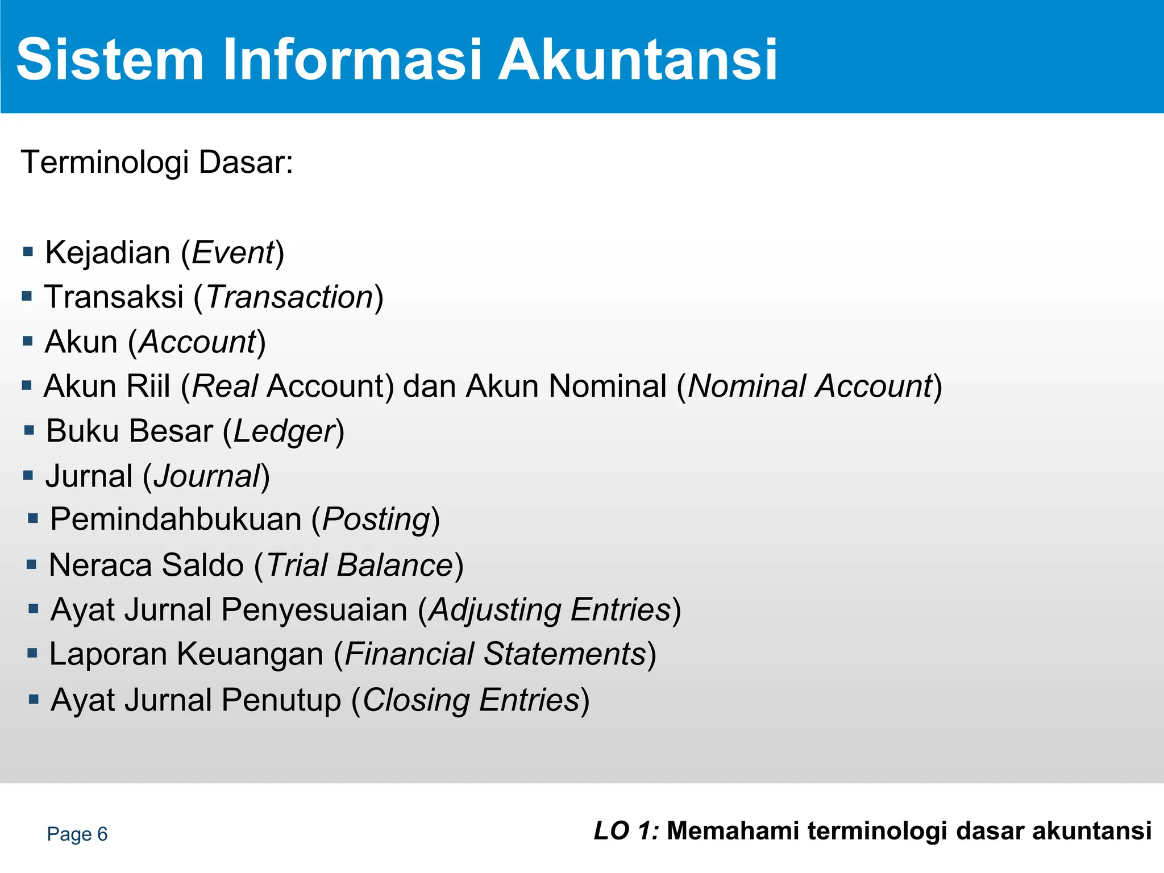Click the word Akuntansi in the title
pos(637,60)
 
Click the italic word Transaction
pos(289,297)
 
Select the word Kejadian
pos(107,253)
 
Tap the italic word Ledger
pos(284,431)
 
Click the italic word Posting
pos(375,520)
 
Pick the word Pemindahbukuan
pos(176,519)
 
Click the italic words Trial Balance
pos(359,566)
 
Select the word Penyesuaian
pos(314,610)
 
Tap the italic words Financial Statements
pos(495,654)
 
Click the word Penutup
pos(281,700)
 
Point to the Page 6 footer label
pos(77,834)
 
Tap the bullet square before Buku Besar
pos(30,430)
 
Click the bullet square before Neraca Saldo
pos(32,564)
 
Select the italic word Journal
pos(207,476)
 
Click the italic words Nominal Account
pos(810,386)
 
